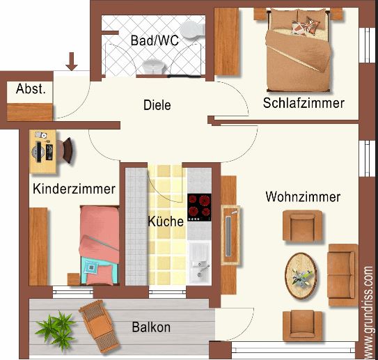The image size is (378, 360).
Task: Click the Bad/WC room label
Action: coord(155,40)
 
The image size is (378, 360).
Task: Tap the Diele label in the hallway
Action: coord(157,105)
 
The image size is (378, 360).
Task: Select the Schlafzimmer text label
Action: coord(304,103)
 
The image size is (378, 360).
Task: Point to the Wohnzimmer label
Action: coord(303,197)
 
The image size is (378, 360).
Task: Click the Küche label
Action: coord(166,222)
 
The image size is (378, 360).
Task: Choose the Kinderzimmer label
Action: coord(74,189)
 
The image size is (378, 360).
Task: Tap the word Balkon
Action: coord(151,327)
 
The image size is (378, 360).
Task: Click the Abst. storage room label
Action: coord(31,89)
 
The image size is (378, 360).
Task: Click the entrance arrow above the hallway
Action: coord(71,62)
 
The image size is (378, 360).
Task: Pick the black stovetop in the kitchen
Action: coord(199,205)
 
